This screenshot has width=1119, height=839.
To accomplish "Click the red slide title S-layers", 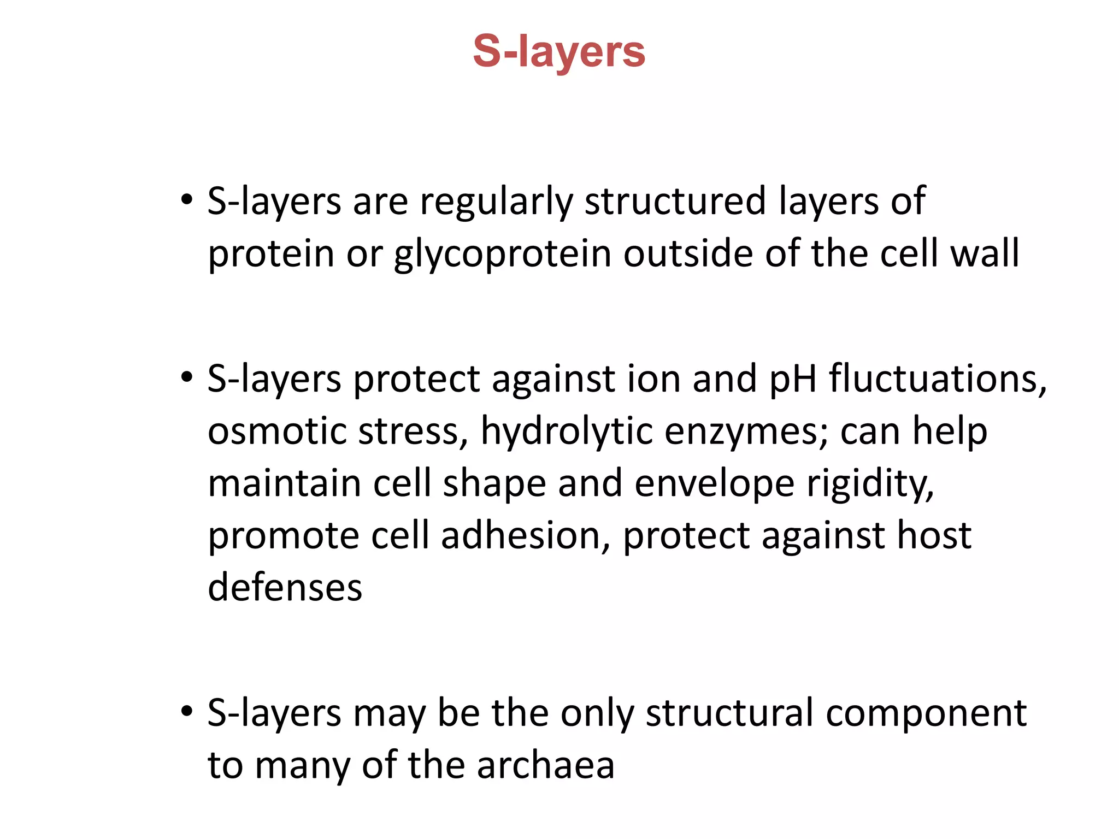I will pyautogui.click(x=559, y=52).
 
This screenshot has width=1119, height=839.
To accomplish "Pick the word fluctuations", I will pyautogui.click(x=938, y=379).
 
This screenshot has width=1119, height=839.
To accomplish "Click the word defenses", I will pyautogui.click(x=285, y=588).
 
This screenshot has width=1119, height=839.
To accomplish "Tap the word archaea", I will pyautogui.click(x=546, y=766).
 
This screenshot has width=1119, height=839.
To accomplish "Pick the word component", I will pyautogui.click(x=926, y=714).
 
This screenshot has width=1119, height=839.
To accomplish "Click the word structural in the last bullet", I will pyautogui.click(x=729, y=713).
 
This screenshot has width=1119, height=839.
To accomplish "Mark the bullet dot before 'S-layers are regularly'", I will pyautogui.click(x=187, y=200).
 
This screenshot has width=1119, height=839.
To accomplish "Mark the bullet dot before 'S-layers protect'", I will pyautogui.click(x=187, y=377).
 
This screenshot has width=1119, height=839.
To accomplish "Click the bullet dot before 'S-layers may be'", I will pyautogui.click(x=187, y=712).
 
